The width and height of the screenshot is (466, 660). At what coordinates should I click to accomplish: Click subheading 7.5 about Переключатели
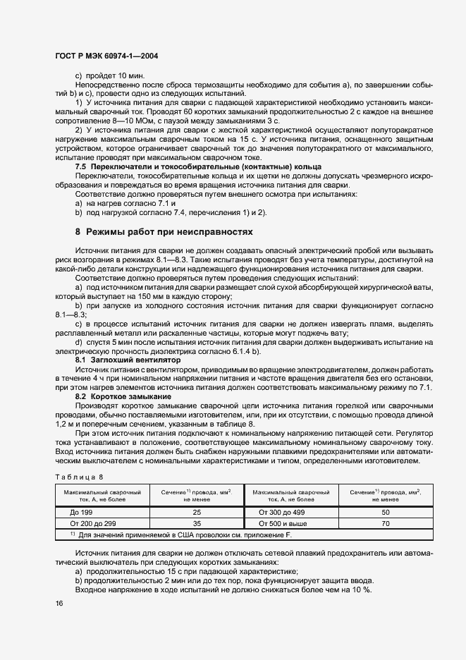[x=198, y=166]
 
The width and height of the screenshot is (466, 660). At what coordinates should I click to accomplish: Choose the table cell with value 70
[x=386, y=524]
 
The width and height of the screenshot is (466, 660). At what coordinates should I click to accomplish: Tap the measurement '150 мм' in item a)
[x=126, y=297]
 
